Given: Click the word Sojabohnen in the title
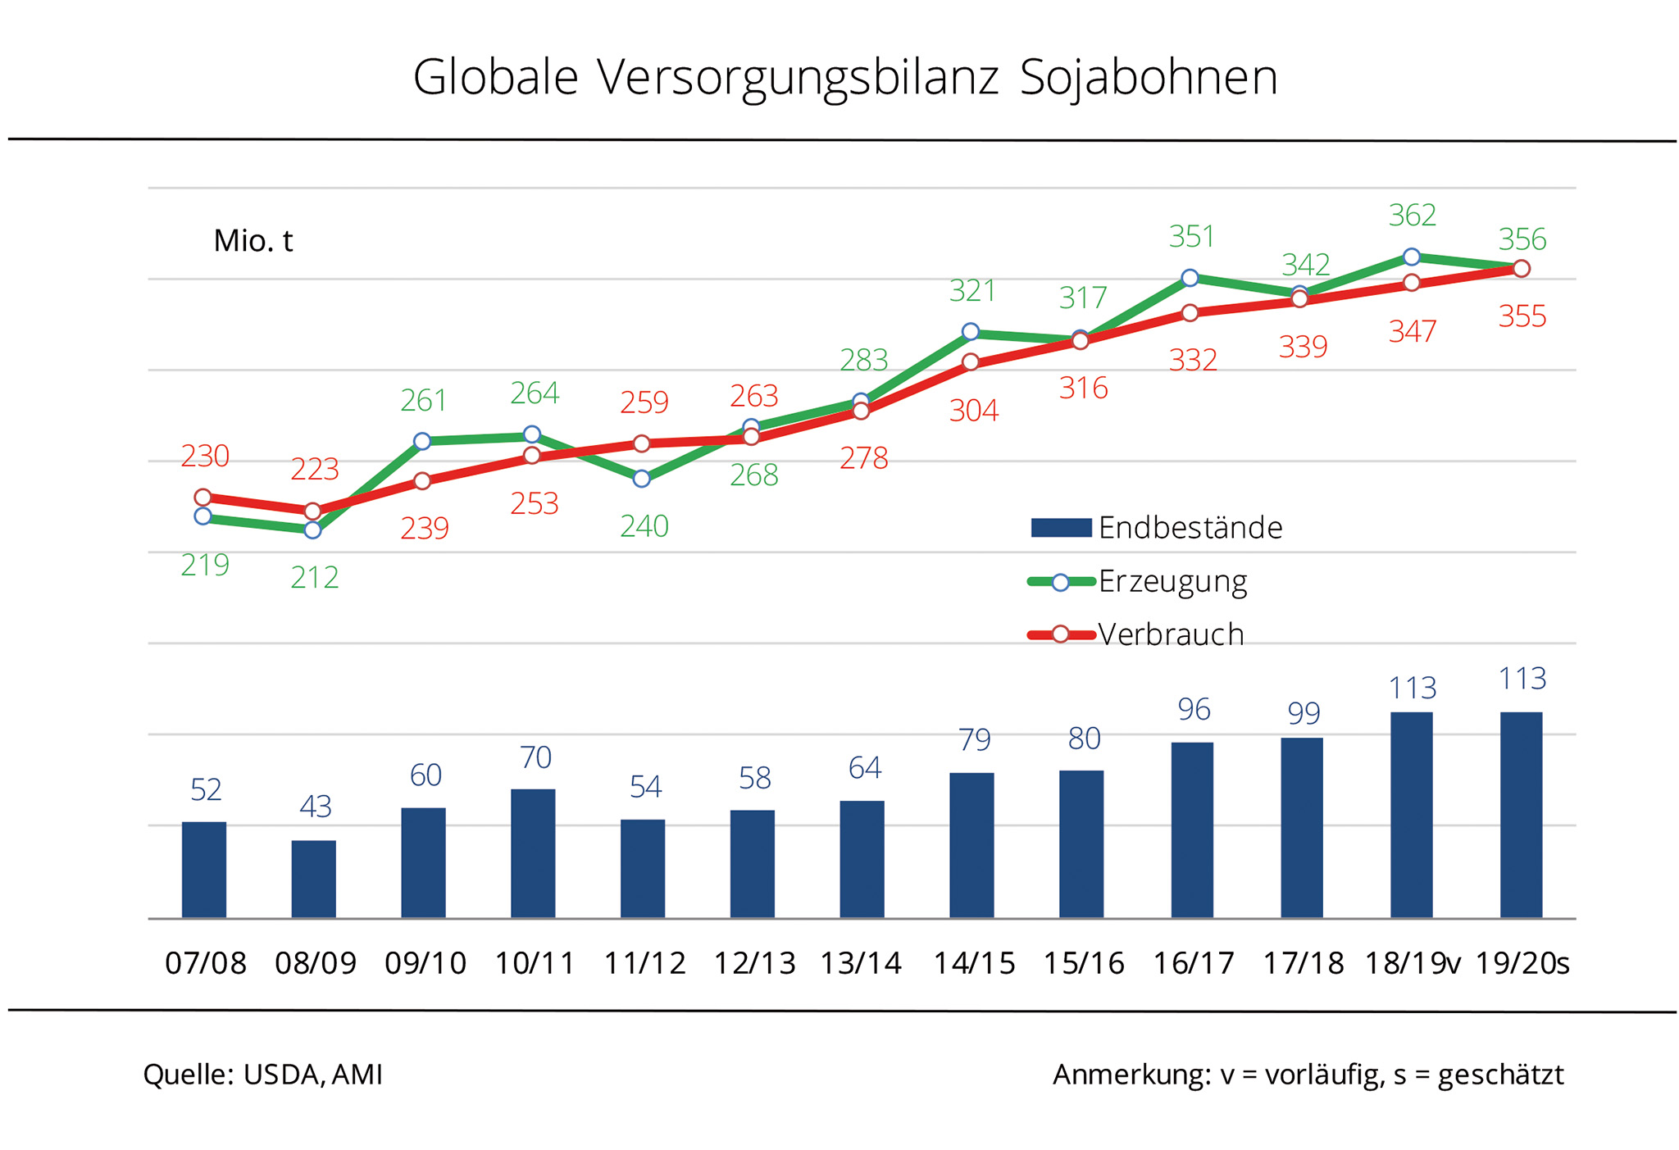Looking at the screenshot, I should (x=1148, y=79).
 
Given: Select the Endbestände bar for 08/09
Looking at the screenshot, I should (x=313, y=879).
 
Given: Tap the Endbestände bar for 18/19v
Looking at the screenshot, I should (x=1411, y=815).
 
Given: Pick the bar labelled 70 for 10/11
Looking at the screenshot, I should (x=533, y=853).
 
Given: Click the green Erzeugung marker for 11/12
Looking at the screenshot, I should (x=642, y=479).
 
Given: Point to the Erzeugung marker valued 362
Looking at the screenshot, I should (x=1412, y=257).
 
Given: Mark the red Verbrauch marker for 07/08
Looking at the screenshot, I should (x=203, y=498).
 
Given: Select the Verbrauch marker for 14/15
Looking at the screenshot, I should (x=971, y=362).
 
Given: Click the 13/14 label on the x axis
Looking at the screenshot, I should (x=861, y=963).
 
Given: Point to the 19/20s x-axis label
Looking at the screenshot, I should (x=1522, y=963).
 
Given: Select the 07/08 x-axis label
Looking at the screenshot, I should (x=206, y=963).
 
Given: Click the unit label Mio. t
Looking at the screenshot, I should (x=253, y=241).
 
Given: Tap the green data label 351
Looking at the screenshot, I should (x=1191, y=237).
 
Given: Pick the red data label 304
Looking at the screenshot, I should (x=974, y=410).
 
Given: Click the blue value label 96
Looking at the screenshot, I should (x=1194, y=709).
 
